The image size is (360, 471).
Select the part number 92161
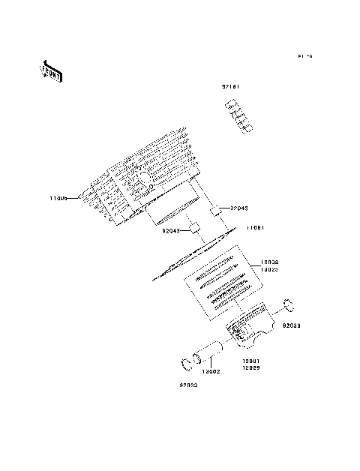pyautogui.click(x=231, y=88)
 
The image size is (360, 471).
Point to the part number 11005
pyautogui.click(x=58, y=198)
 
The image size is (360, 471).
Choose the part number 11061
pyautogui.click(x=255, y=227)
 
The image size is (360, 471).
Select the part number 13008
pyautogui.click(x=270, y=262)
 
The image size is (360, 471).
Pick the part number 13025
pyautogui.click(x=270, y=268)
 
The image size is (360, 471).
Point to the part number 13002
pyautogui.click(x=211, y=370)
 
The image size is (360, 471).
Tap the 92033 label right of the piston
pyautogui.click(x=292, y=325)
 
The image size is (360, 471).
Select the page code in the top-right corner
pyautogui.click(x=304, y=56)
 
